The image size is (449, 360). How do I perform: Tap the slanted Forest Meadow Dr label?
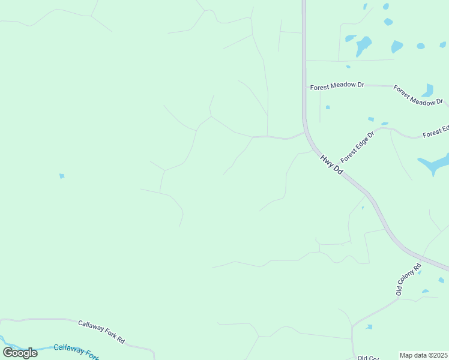(x=418, y=95)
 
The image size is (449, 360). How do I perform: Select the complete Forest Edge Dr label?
(x=357, y=147)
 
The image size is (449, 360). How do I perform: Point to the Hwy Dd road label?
(x=331, y=165)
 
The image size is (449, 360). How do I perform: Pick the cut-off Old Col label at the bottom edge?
(x=368, y=358)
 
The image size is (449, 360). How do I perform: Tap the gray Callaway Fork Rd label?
(x=101, y=331)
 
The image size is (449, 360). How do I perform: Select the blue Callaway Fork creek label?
(x=76, y=350)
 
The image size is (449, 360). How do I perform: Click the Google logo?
(x=20, y=353)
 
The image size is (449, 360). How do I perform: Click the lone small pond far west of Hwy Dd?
(x=61, y=176)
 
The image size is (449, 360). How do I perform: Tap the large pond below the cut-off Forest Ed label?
(x=435, y=164)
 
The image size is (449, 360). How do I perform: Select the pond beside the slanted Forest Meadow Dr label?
(x=428, y=91)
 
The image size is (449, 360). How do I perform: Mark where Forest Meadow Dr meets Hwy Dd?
(x=304, y=86)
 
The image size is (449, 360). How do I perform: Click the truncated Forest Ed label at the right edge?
(x=436, y=131)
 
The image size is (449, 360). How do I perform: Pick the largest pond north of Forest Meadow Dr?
(x=363, y=45)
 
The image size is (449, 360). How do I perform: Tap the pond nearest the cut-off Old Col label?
(x=369, y=327)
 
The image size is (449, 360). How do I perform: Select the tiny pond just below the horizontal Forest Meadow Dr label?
(x=328, y=107)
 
